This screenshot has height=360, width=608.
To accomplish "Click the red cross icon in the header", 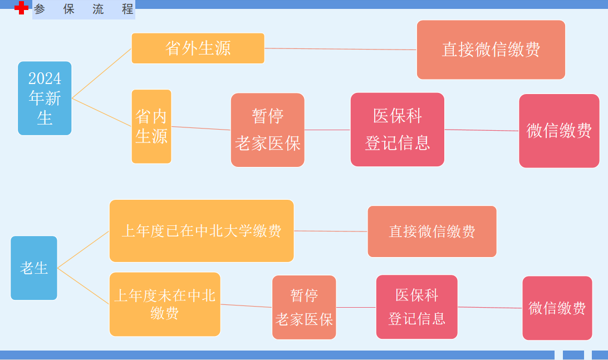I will [x=21, y=8].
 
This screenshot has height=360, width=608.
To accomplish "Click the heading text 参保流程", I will [x=84, y=9].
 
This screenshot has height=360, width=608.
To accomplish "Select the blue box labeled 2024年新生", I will [x=45, y=98].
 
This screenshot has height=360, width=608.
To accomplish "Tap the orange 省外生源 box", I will [x=198, y=48].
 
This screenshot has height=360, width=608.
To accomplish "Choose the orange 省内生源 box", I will [x=151, y=126].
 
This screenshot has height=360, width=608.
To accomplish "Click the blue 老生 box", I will [x=34, y=268].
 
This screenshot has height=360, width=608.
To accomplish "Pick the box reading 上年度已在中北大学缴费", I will [x=202, y=230].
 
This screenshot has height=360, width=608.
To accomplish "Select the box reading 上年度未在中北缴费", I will [x=165, y=304].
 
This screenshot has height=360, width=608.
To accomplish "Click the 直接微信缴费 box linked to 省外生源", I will [x=491, y=50].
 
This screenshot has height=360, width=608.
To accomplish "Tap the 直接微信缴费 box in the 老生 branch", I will [x=432, y=231].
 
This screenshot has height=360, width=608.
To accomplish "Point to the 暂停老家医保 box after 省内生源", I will [x=267, y=130].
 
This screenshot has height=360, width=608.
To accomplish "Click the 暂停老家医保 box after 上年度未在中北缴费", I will [x=304, y=307].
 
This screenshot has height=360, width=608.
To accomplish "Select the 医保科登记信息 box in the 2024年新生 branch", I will [x=397, y=129].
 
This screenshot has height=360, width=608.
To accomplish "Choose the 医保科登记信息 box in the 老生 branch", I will [x=416, y=307].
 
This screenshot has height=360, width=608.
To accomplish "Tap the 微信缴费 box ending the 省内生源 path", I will [x=559, y=131].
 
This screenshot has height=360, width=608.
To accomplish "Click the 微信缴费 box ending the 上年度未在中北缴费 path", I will [x=557, y=308].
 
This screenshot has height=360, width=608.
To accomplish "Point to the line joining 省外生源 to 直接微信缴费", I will [x=340, y=49].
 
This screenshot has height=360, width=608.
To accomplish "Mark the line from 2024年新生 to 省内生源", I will [x=102, y=112].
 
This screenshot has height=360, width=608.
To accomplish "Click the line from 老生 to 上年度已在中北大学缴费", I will [x=84, y=249].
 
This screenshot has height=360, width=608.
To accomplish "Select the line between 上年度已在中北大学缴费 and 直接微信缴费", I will [x=331, y=231].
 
